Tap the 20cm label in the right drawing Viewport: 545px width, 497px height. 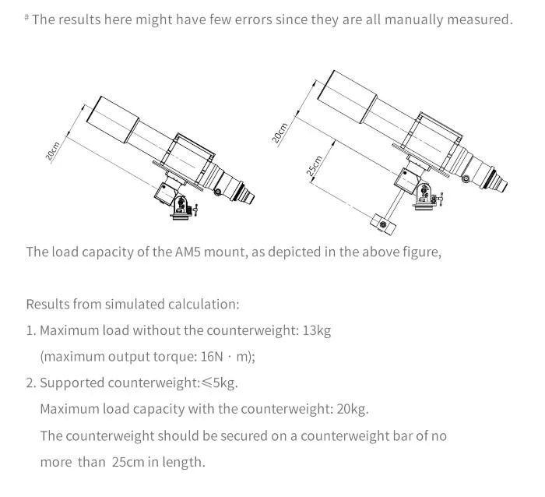pos(280,132)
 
